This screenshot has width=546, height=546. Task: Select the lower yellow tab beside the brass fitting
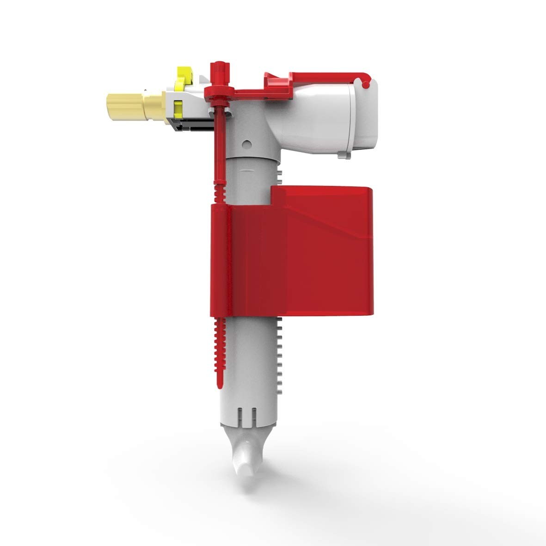[x=177, y=109]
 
